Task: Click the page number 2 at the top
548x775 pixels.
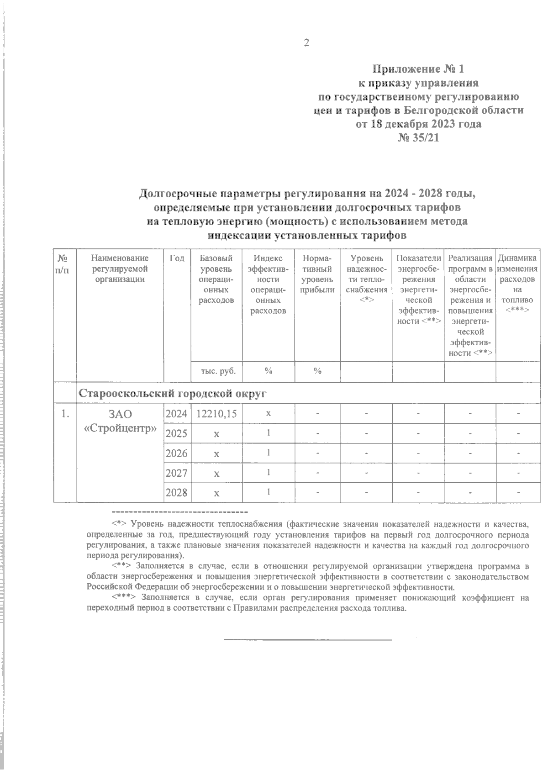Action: pos(306,43)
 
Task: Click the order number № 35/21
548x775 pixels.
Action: pos(419,137)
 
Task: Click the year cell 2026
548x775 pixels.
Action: pos(176,453)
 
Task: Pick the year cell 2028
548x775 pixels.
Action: pos(176,493)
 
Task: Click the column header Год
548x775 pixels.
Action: pos(177,258)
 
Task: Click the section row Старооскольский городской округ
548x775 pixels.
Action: pos(173,394)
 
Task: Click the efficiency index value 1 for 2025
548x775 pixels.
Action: pos(269,433)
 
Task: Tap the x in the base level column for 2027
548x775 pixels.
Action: pos(216,474)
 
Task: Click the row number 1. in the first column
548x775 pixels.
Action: pos(65,414)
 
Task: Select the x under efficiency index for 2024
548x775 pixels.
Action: pos(269,413)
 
